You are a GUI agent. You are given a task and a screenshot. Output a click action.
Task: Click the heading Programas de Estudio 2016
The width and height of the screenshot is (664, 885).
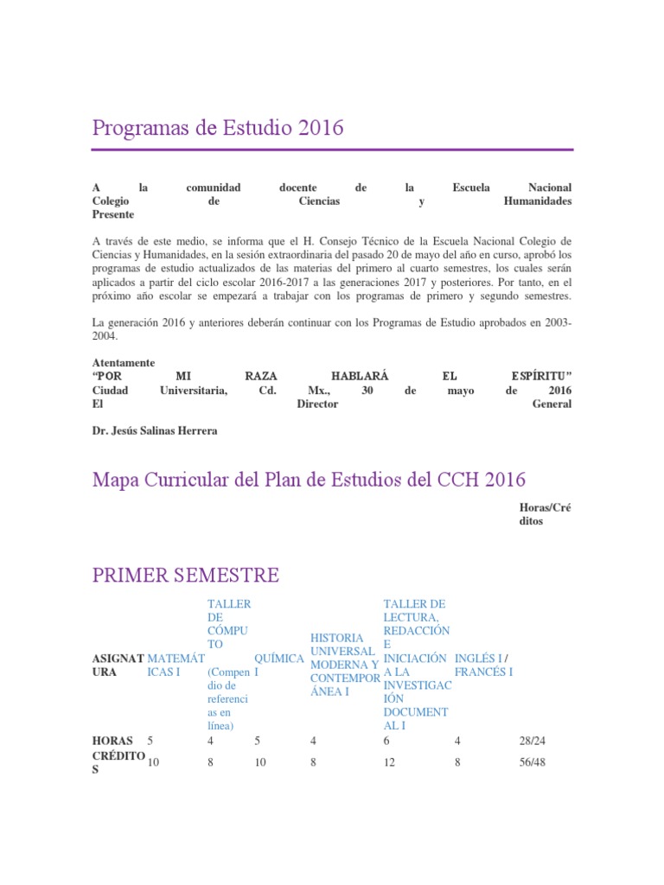[218, 128]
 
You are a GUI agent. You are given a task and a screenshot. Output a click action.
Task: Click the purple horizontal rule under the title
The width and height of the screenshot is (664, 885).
[332, 150]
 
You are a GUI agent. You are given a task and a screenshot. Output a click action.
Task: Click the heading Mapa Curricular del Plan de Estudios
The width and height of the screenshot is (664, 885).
[309, 479]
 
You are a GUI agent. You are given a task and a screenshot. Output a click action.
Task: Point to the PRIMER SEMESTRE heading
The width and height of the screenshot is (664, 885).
[185, 575]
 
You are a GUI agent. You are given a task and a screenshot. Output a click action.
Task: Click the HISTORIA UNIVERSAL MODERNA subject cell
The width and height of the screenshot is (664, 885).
[343, 665]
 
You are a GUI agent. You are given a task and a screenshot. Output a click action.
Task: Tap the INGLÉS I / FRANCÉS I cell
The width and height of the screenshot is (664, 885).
[484, 665]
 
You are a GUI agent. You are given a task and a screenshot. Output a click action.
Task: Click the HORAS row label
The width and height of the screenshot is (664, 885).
[112, 741]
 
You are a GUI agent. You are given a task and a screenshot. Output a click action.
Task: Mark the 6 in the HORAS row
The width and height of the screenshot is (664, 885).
[386, 741]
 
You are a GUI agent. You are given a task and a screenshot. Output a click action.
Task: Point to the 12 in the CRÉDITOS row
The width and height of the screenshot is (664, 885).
[390, 762]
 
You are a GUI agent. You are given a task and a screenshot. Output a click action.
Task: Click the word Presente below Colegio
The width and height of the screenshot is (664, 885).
[112, 214]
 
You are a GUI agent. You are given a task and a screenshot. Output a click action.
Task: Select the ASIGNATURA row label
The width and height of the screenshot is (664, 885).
[118, 665]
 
